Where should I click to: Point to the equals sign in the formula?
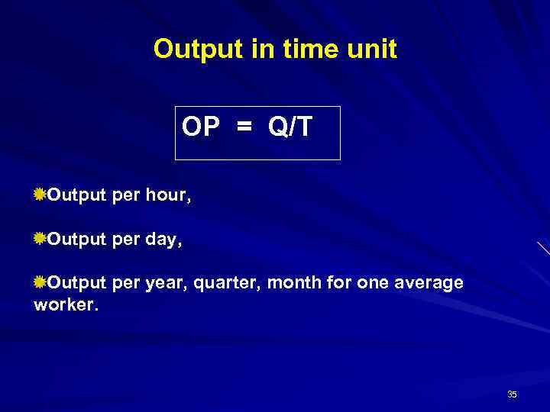[243, 127]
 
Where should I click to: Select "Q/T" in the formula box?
[290, 127]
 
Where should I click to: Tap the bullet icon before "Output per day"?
[40, 240]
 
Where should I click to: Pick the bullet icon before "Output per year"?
[40, 283]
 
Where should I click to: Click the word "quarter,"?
[227, 284]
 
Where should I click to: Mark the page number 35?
[512, 394]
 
